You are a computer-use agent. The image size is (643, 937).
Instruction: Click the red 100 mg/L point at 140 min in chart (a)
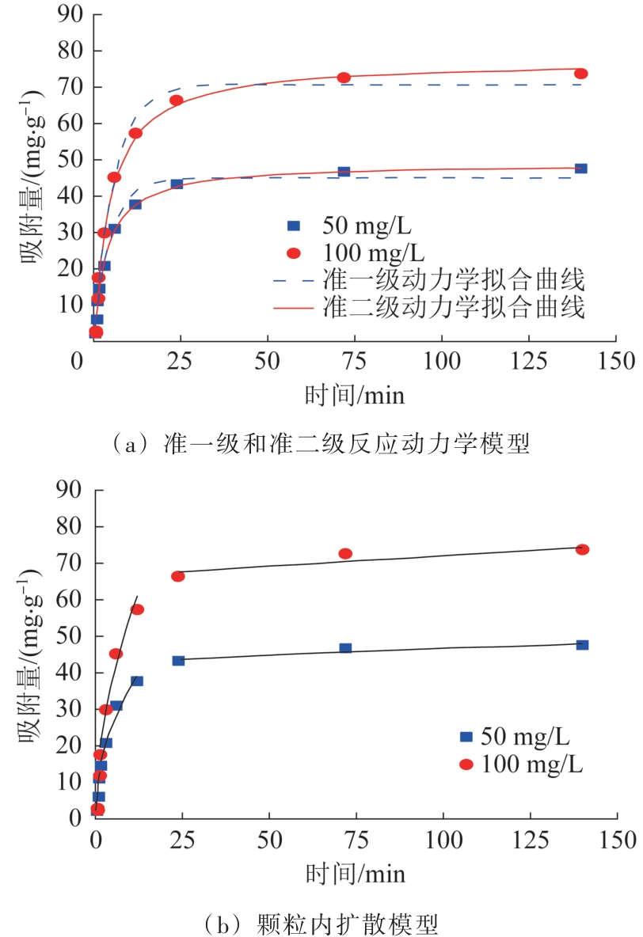click(580, 74)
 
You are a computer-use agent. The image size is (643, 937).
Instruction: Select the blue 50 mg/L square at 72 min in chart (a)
click(344, 171)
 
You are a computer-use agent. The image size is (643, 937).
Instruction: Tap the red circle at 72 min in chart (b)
click(345, 553)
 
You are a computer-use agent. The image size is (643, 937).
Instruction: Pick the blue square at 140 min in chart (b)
click(582, 645)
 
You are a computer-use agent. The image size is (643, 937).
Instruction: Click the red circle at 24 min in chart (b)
click(178, 576)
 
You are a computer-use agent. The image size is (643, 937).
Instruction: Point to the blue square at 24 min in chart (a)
click(177, 184)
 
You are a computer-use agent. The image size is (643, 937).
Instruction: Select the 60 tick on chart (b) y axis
click(71, 600)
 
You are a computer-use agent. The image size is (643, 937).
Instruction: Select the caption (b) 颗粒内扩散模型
click(321, 923)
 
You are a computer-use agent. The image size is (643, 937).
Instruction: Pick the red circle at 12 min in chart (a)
click(135, 133)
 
